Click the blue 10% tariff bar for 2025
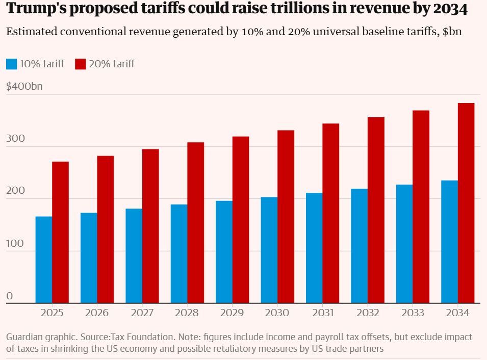(x=44, y=260)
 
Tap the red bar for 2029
(x=241, y=220)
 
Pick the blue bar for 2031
(x=314, y=248)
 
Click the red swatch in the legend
(x=81, y=64)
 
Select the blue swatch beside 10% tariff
(x=12, y=64)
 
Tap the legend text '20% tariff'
(x=112, y=64)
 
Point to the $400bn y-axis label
(x=24, y=86)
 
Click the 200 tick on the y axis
(x=15, y=191)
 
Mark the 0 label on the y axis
(x=9, y=296)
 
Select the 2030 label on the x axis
(x=277, y=313)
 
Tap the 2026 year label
(x=97, y=313)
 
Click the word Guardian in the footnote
(x=23, y=337)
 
